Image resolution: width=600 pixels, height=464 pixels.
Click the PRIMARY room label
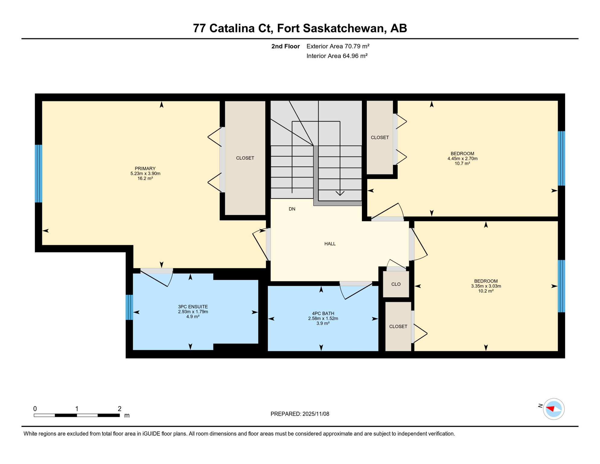click(x=145, y=169)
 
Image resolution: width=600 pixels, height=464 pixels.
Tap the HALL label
click(x=330, y=244)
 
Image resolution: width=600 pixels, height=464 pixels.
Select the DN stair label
click(x=292, y=209)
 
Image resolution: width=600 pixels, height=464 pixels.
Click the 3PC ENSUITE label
click(x=193, y=307)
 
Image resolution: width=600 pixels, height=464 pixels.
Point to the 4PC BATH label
click(x=323, y=314)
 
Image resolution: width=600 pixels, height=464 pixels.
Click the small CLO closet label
click(x=396, y=284)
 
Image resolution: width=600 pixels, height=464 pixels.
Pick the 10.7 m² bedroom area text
click(x=462, y=163)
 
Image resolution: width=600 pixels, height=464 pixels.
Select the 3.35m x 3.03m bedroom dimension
click(x=486, y=286)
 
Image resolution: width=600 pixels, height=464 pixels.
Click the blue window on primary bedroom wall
click(x=39, y=173)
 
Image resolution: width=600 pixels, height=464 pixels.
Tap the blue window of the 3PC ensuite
click(x=129, y=307)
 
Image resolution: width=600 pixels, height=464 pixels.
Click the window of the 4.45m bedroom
click(x=561, y=158)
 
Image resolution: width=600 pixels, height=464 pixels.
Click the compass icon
click(x=554, y=409)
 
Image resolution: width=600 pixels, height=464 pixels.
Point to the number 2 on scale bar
click(x=120, y=409)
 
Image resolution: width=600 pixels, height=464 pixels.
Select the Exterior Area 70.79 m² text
click(x=338, y=46)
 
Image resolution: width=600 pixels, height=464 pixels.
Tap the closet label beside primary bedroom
click(x=245, y=158)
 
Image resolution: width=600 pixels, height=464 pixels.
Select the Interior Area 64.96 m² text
click(x=337, y=56)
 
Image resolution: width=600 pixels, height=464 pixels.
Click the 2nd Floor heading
click(x=285, y=46)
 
